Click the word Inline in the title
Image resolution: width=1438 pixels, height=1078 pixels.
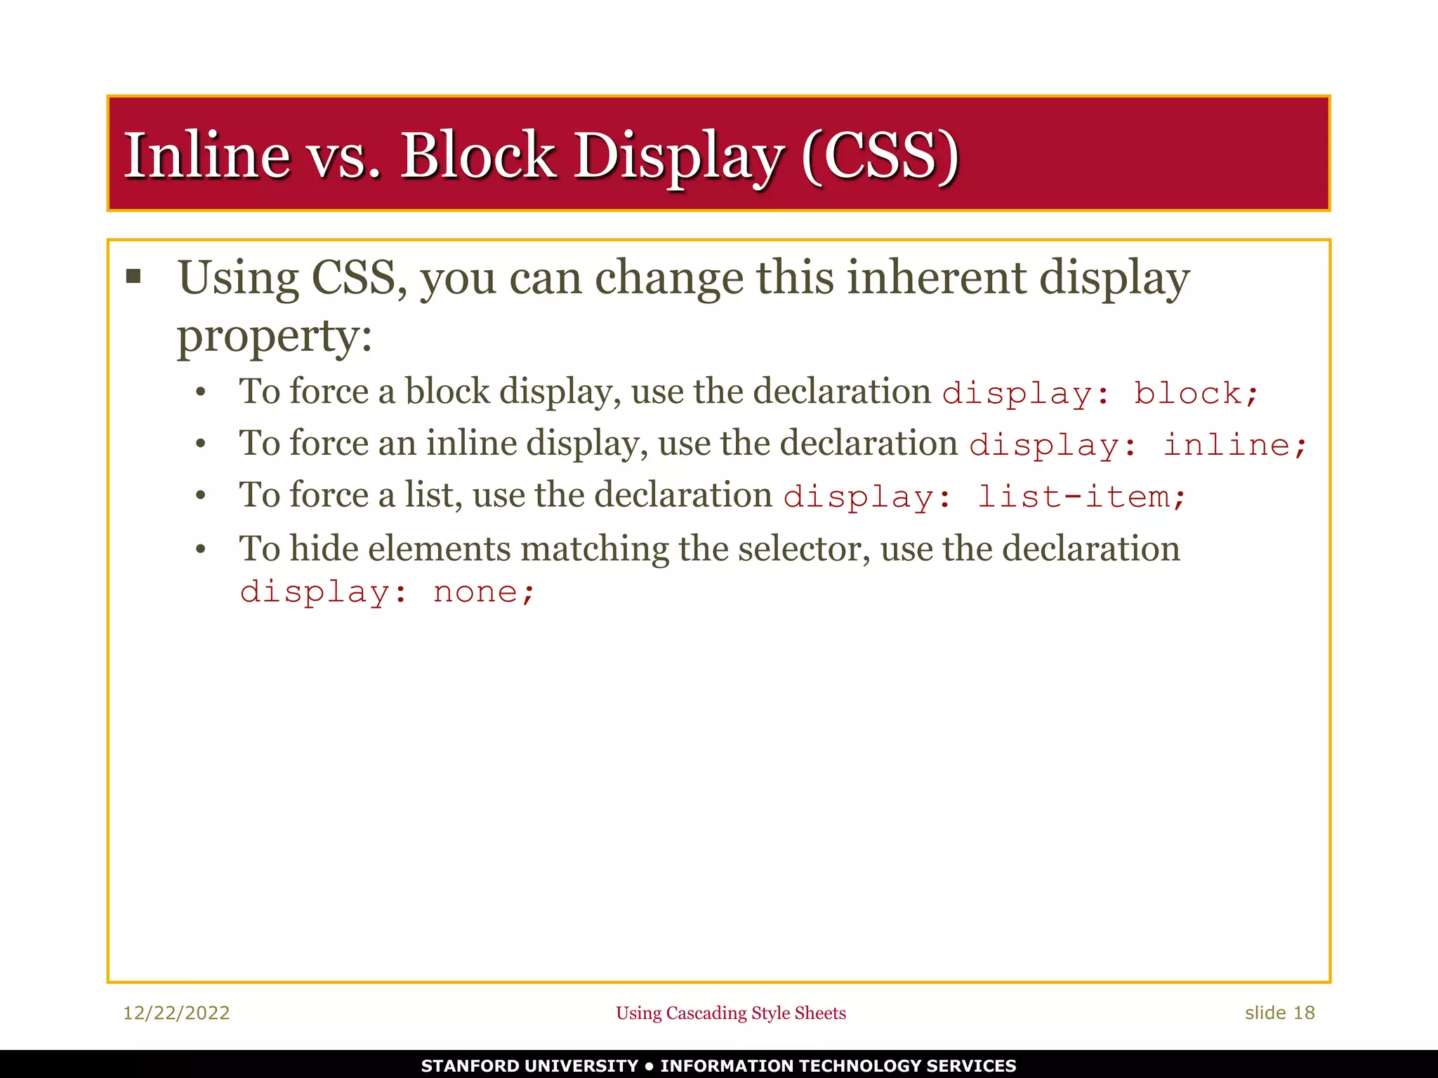pyautogui.click(x=206, y=155)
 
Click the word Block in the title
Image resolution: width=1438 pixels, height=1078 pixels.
pyautogui.click(x=477, y=155)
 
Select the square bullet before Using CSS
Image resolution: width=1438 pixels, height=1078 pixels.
pyautogui.click(x=133, y=276)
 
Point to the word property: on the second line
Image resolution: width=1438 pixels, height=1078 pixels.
pyautogui.click(x=274, y=337)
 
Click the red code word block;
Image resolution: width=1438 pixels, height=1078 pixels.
pyautogui.click(x=1195, y=394)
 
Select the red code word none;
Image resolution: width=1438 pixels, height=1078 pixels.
pyautogui.click(x=484, y=592)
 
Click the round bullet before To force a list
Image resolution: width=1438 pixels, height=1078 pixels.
pyautogui.click(x=201, y=496)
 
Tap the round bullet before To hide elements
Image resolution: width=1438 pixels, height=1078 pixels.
pyautogui.click(x=201, y=550)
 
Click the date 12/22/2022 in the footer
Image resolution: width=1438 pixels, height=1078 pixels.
pyautogui.click(x=176, y=1013)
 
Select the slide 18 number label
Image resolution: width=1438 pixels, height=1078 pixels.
pyautogui.click(x=1279, y=1013)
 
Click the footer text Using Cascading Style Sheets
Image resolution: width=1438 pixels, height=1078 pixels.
pyautogui.click(x=731, y=1013)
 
